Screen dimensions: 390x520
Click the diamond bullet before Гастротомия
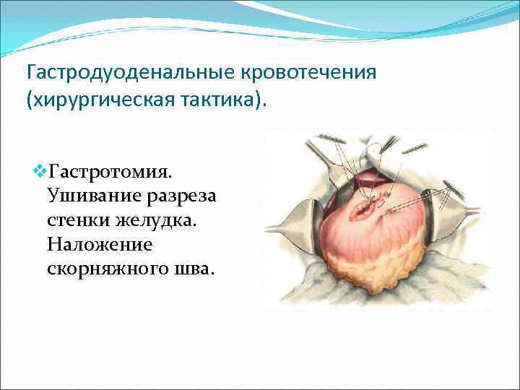click(39, 172)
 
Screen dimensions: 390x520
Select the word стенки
click(77, 221)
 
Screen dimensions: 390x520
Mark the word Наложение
click(100, 245)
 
